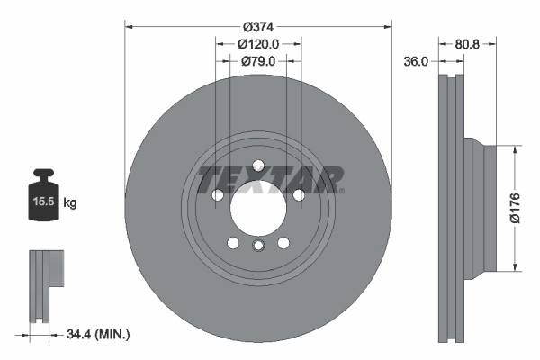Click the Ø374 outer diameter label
258,24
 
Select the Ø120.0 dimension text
258,43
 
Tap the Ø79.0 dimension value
258,61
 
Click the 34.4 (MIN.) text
99,335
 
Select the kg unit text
70,203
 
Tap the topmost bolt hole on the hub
257,166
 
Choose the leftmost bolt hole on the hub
217,195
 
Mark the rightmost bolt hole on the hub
299,195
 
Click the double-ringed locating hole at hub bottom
257,247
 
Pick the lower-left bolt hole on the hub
232,243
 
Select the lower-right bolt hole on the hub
283,243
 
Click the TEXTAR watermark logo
270,179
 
